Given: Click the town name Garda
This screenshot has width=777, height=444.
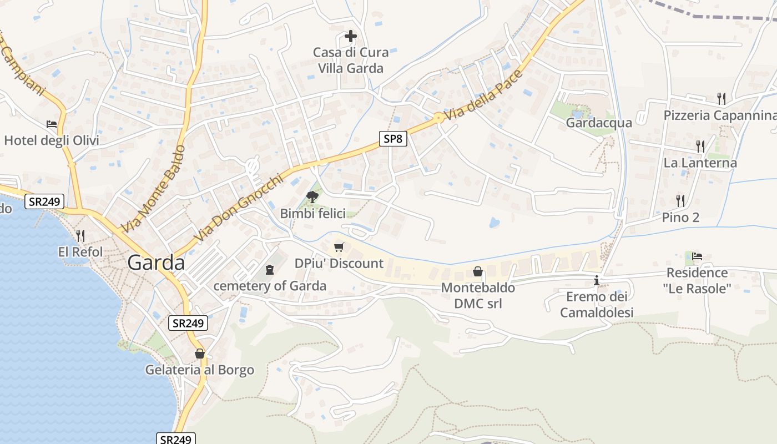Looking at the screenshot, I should point(156,263).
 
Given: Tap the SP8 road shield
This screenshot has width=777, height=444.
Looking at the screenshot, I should point(393,139).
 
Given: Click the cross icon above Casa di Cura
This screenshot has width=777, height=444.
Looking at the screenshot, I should point(350,37).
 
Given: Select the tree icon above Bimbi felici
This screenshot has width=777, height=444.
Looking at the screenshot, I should point(312,196).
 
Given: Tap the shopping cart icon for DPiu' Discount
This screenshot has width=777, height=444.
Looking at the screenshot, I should point(339,247).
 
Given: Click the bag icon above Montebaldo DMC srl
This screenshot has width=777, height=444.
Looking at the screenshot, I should point(477,271).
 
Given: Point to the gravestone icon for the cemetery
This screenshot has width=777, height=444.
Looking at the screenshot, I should point(270,270).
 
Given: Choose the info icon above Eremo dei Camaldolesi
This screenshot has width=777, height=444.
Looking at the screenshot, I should point(597,280).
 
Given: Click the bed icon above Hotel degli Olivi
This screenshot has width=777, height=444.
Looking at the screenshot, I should point(52,124).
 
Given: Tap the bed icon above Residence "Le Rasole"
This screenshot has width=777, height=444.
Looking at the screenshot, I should point(697,256).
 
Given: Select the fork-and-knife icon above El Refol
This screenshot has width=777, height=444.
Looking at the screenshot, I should point(80,236).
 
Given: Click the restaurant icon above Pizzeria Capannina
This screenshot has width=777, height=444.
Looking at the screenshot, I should point(721,99).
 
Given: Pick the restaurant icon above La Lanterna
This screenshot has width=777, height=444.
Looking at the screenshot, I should point(700,147).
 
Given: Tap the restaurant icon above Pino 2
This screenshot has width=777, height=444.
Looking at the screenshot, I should point(680,200).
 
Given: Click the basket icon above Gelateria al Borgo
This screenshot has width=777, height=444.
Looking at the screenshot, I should point(200,354).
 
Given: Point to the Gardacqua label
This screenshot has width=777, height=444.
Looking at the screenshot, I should point(599,123).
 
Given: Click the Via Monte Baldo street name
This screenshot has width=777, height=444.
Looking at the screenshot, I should point(153,189).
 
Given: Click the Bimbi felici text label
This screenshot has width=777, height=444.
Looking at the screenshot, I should point(312,214).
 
